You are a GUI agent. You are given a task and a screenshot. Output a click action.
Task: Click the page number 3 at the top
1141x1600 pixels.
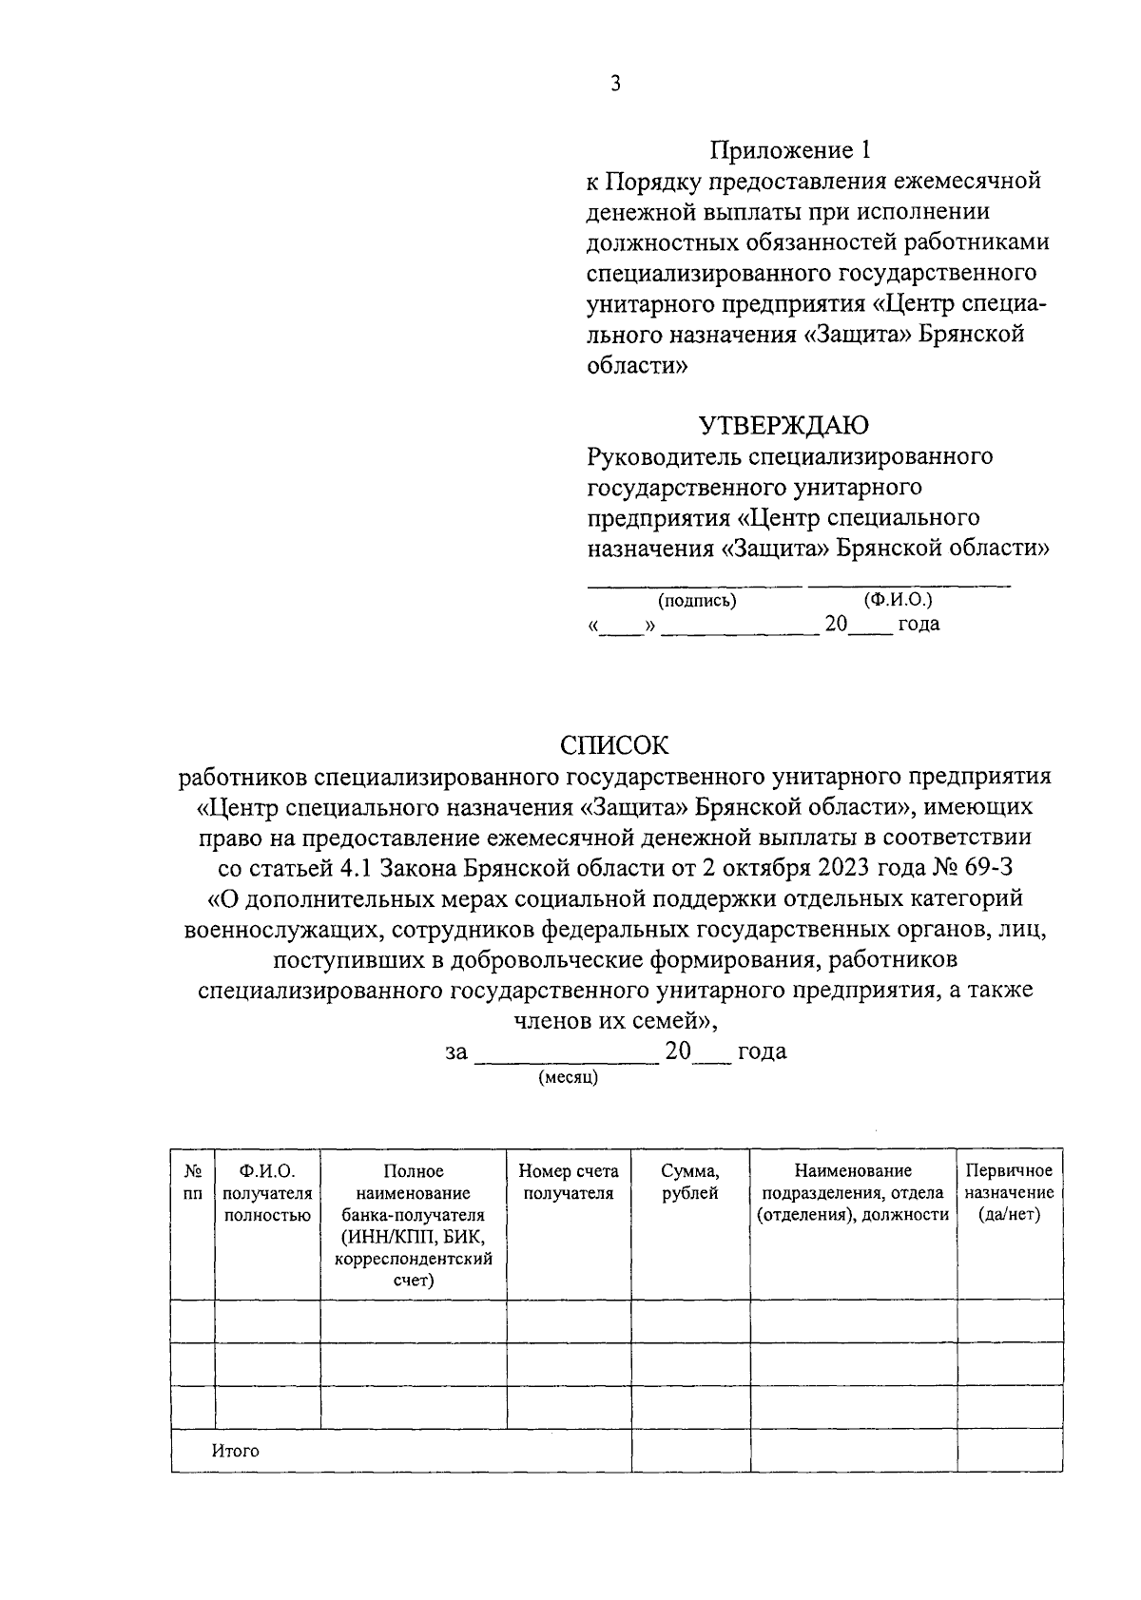(x=615, y=84)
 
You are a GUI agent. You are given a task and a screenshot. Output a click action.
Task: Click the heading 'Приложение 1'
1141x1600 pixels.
(x=789, y=149)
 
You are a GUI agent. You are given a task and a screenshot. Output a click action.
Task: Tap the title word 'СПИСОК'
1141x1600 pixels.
(x=614, y=743)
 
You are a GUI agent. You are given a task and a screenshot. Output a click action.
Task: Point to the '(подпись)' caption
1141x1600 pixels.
(x=697, y=600)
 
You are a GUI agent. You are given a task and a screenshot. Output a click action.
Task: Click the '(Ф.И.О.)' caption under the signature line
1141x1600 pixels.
(x=898, y=600)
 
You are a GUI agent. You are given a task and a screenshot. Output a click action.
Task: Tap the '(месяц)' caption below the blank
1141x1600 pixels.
(x=568, y=1078)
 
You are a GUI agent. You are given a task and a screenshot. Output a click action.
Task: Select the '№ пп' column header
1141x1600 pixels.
(x=192, y=1182)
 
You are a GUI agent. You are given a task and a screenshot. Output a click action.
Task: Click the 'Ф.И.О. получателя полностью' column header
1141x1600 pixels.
(x=267, y=1192)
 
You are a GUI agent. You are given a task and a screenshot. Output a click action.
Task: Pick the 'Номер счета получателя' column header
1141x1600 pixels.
(x=568, y=1182)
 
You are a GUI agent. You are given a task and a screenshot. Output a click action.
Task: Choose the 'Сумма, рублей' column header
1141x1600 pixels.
(x=689, y=1182)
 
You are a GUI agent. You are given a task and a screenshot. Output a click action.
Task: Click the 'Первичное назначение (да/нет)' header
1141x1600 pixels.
(x=1009, y=1192)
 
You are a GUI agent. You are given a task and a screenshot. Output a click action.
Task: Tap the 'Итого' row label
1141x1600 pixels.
(x=235, y=1451)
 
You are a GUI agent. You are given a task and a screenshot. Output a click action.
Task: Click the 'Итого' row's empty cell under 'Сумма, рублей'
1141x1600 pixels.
(x=690, y=1450)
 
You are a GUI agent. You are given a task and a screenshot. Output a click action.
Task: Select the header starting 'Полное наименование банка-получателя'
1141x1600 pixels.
(x=413, y=1225)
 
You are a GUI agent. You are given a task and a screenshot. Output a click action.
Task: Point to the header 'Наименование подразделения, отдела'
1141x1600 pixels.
(x=853, y=1192)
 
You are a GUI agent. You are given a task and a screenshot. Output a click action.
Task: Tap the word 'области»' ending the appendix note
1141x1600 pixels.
(x=636, y=366)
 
